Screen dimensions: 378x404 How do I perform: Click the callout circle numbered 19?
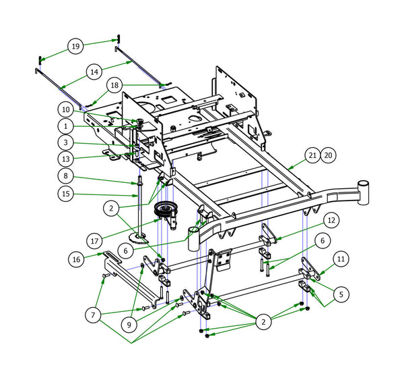click(x=75, y=47)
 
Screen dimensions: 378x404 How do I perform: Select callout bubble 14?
click(x=94, y=71)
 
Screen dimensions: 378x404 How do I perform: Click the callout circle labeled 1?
click(x=66, y=126)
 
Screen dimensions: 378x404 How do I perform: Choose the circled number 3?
click(x=66, y=143)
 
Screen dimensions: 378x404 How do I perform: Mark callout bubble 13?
click(x=66, y=159)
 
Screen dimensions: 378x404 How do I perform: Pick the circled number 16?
click(x=75, y=259)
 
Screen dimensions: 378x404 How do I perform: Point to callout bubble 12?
click(x=330, y=219)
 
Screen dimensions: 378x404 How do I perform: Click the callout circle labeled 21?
click(x=310, y=155)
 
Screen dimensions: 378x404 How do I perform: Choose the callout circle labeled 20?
click(x=328, y=155)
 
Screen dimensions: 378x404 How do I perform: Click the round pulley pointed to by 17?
click(x=163, y=210)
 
